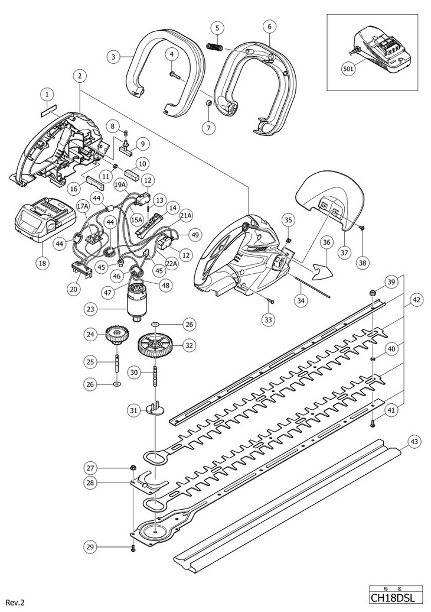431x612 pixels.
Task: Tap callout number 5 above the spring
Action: (217, 28)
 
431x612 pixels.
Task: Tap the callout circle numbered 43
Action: (414, 442)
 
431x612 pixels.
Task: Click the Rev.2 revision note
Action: (15, 603)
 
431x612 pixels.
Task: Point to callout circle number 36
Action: (326, 243)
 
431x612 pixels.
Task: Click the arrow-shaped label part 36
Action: (323, 271)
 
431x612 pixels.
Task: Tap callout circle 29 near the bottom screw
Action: (90, 547)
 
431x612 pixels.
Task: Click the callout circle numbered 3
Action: (113, 57)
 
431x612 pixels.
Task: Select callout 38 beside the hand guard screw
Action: (363, 263)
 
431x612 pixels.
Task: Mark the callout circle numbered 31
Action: (133, 410)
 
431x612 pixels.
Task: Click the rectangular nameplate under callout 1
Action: (49, 113)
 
